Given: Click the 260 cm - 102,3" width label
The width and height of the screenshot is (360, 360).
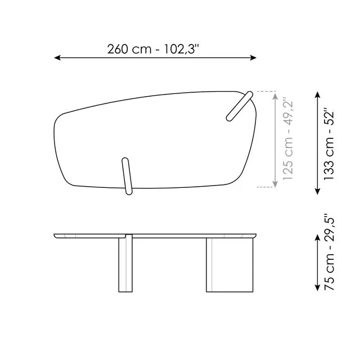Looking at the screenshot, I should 154,48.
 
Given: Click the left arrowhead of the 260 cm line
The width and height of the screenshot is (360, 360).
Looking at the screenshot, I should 57,57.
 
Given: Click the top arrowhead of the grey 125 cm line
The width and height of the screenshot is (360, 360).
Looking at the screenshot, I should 274,94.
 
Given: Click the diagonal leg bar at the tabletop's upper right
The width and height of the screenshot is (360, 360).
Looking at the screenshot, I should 239,107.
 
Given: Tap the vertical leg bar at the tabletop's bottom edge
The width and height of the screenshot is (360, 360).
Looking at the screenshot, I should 126,177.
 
